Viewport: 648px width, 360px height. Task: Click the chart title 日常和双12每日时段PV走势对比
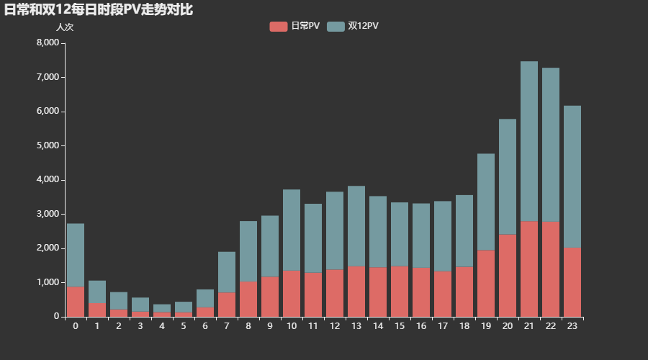[98, 10]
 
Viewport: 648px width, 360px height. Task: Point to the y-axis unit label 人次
[65, 27]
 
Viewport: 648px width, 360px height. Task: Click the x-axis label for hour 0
[76, 325]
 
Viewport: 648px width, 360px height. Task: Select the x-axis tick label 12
[335, 325]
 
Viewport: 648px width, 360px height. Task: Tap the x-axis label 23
[572, 325]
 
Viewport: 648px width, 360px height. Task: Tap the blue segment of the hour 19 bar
[486, 202]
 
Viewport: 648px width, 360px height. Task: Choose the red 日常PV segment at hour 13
[356, 291]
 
